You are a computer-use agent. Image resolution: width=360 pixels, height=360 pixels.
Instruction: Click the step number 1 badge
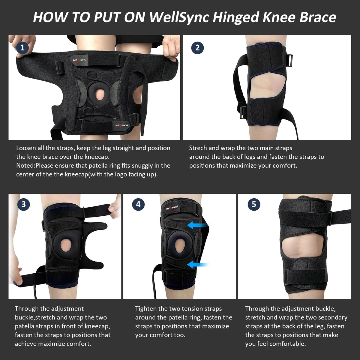pyautogui.click(x=22, y=48)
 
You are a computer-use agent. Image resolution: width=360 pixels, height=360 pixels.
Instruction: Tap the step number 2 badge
pyautogui.click(x=197, y=48)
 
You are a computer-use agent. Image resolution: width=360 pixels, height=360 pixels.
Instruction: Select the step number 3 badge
pyautogui.click(x=23, y=204)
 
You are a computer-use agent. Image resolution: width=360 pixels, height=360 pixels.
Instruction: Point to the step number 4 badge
pyautogui.click(x=138, y=204)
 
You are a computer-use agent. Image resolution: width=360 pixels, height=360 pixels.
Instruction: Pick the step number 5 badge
pyautogui.click(x=254, y=204)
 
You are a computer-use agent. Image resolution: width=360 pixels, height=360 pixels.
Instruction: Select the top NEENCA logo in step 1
pyautogui.click(x=79, y=60)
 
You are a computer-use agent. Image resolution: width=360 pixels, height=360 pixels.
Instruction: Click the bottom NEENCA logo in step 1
pyautogui.click(x=121, y=125)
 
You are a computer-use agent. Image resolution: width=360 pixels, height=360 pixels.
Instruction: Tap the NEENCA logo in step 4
pyautogui.click(x=172, y=208)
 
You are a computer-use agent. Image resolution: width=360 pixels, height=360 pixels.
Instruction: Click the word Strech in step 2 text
pyautogui.click(x=199, y=148)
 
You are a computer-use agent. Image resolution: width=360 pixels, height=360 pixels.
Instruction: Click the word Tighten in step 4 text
pyautogui.click(x=146, y=308)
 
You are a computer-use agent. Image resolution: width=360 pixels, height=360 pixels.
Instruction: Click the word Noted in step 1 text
pyautogui.click(x=25, y=166)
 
